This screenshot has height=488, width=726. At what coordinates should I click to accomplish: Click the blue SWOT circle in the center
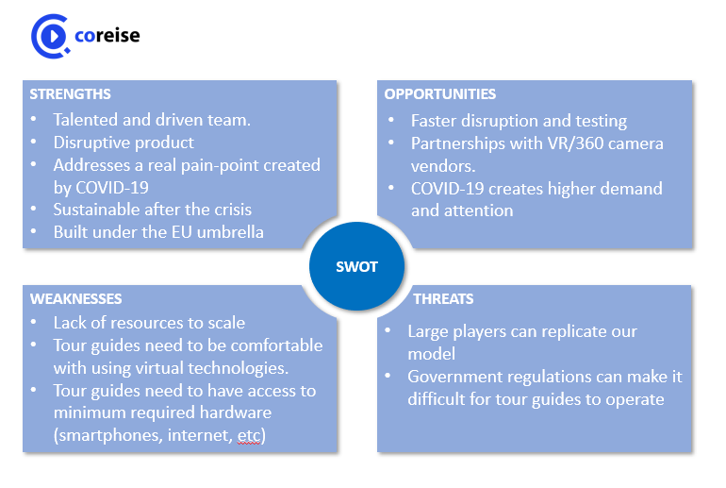click(356, 266)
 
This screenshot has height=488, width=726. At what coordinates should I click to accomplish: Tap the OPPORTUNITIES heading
click(440, 94)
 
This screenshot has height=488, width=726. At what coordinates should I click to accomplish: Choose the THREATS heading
click(443, 299)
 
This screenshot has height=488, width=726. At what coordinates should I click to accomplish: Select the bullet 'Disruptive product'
click(124, 143)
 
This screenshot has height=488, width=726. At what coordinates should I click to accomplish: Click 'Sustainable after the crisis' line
click(152, 209)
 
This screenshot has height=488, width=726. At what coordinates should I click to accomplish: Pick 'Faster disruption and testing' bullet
click(519, 121)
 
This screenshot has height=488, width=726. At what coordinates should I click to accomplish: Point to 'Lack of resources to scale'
click(149, 323)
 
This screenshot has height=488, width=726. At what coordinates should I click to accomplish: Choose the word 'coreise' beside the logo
click(107, 36)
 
